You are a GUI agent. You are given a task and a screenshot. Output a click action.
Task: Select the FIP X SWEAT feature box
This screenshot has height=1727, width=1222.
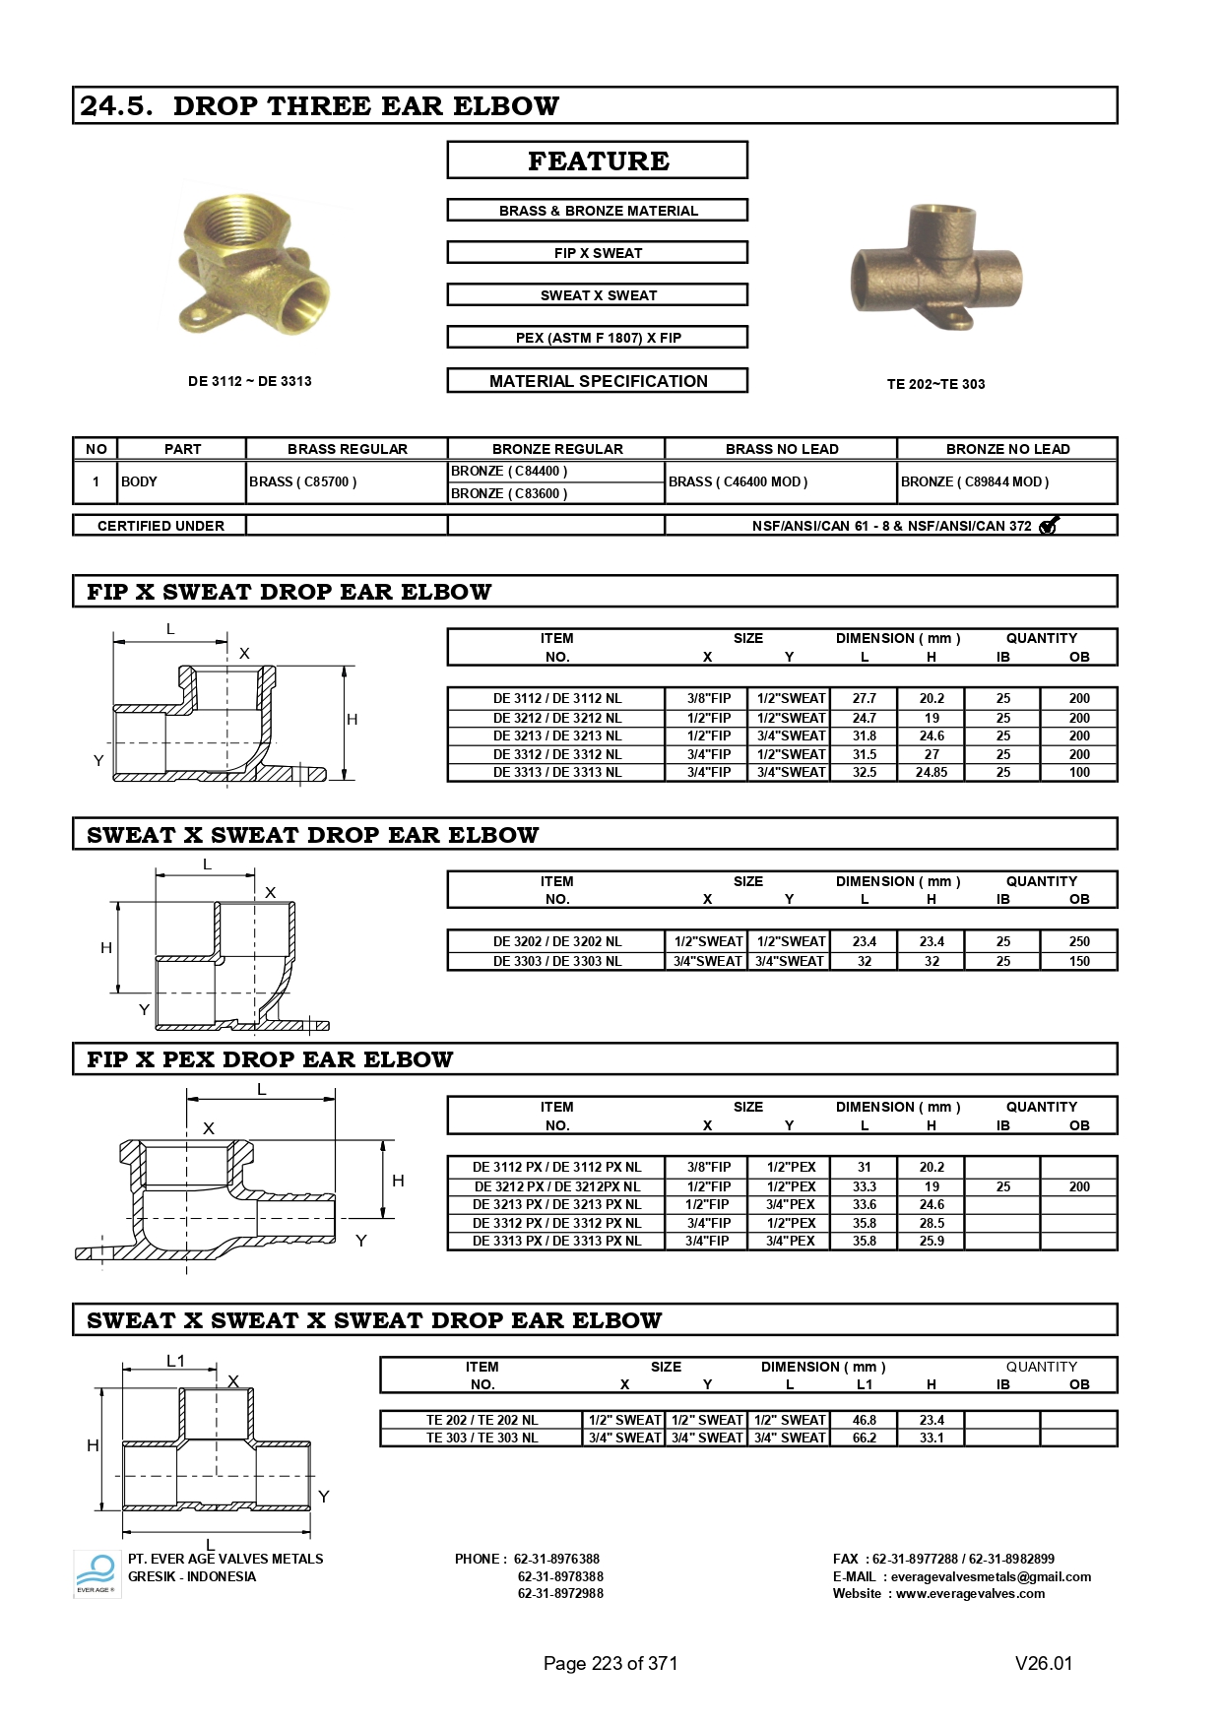598,253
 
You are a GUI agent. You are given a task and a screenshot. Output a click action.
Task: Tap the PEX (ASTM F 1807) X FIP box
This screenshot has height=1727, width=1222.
598,338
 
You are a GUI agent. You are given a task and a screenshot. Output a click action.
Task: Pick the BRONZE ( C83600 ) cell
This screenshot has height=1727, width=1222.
509,493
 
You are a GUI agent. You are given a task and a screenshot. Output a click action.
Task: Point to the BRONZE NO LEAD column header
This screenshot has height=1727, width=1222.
1007,449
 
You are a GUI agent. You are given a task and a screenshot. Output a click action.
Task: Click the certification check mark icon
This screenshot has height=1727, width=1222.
1049,526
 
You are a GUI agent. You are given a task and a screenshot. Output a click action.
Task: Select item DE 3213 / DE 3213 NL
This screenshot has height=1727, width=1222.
557,736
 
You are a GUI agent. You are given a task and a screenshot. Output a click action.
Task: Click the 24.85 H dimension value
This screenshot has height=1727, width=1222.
932,772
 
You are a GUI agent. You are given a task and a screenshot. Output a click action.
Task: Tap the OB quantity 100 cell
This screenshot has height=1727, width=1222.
1079,772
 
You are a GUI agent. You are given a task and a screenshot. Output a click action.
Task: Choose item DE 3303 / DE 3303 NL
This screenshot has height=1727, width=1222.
557,961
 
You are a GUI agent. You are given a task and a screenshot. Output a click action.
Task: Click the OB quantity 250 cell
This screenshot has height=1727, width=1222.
1079,941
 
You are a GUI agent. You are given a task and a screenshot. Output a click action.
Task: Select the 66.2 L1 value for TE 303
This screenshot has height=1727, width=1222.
865,1438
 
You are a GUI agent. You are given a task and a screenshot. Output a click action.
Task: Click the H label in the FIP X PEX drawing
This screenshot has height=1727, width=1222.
398,1181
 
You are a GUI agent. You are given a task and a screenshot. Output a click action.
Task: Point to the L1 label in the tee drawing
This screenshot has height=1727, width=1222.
175,1361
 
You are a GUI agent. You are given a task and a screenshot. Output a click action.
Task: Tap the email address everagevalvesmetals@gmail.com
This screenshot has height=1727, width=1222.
991,1576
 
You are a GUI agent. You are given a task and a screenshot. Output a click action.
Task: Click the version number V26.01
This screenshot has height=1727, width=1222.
1044,1663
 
